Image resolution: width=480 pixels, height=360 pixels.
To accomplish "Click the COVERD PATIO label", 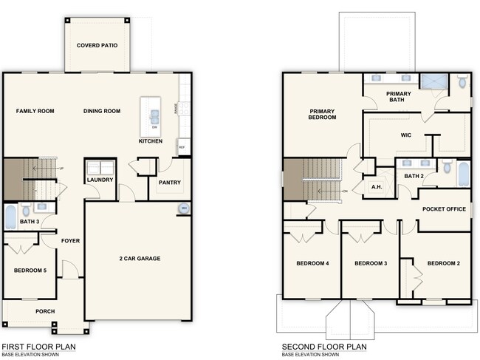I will pos(97,45).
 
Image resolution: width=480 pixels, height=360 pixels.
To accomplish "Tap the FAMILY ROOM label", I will pos(35,111).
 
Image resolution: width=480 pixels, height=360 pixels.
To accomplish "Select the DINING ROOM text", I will pos(102,111).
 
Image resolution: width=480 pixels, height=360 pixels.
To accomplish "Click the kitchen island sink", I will pos(155,115).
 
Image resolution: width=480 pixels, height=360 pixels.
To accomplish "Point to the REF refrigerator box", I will pos(182,148).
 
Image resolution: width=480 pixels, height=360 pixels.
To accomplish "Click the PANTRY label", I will pos(170,183).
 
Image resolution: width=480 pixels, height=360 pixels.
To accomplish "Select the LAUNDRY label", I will pos(98,180).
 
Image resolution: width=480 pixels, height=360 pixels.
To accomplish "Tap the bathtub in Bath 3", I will pos(10,217).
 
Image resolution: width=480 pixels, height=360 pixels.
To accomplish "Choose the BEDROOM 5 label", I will pos(30,271).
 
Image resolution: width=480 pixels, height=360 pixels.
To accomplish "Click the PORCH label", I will pos(45,311).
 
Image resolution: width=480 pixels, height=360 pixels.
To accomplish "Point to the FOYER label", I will pos(71,240).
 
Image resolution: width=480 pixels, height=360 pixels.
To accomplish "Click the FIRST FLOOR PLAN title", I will pos(38,345).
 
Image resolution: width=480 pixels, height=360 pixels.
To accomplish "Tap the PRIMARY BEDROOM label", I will pos(323,113).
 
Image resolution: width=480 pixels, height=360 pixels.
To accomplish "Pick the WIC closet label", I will pos(405,135).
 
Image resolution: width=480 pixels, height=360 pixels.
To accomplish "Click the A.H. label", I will pos(375,187).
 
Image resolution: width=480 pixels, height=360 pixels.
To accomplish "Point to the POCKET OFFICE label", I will pos(444,209).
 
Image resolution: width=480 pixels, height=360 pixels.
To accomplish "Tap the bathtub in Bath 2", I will pos(463,174).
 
